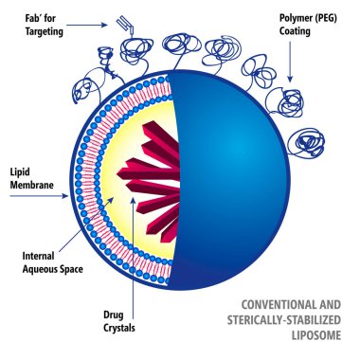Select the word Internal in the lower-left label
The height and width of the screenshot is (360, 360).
(x=42, y=255)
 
